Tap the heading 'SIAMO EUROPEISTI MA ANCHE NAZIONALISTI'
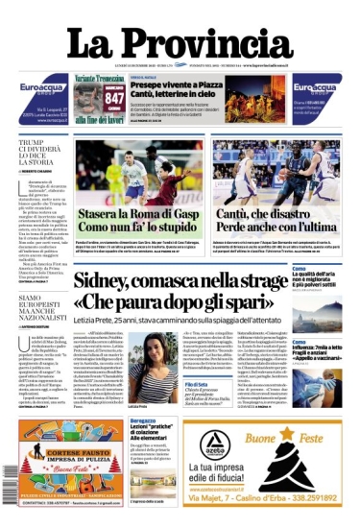point(41,311)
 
